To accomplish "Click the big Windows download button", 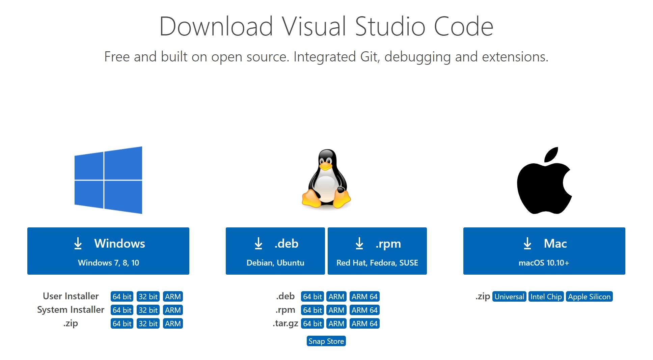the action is click(108, 251).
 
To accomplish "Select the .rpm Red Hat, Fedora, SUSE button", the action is click(377, 251).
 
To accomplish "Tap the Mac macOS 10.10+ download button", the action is click(544, 251).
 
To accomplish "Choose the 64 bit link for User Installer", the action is click(122, 297).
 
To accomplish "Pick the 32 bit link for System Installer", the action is click(148, 310).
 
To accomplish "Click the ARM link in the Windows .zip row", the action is click(173, 324).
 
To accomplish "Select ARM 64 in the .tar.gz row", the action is click(364, 324).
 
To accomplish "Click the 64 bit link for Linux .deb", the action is click(312, 297).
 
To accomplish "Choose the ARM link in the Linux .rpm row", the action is click(336, 310).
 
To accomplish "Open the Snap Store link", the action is click(326, 341).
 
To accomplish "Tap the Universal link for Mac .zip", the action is click(509, 297).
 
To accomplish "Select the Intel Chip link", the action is click(546, 297).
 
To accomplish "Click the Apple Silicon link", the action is click(589, 297).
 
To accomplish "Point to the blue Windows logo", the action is click(108, 180).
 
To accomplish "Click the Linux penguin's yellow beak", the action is click(326, 166).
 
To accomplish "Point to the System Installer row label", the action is click(71, 310).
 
